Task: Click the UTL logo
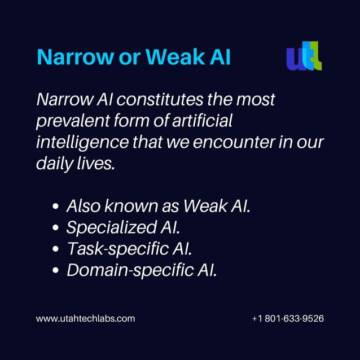pos(304,56)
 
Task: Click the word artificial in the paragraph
pos(201,121)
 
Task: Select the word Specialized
pos(108,227)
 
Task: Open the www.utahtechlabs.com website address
pos(85,319)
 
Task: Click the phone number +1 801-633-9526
pos(288,319)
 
